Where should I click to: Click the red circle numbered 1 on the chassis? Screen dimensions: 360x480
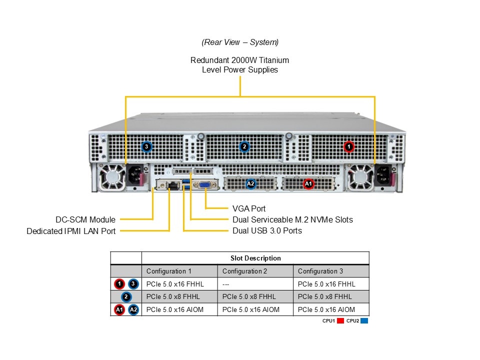point(349,146)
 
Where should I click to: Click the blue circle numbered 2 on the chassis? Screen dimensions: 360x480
point(244,146)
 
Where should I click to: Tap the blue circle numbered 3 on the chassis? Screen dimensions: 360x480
point(146,146)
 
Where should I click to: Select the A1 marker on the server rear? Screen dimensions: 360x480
point(308,184)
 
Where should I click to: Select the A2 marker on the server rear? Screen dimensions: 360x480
point(251,184)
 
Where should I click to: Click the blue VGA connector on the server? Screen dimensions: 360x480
point(205,184)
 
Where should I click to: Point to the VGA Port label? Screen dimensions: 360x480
point(249,208)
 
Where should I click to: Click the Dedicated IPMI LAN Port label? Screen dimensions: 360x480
point(71,231)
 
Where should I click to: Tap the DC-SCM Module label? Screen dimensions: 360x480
point(85,219)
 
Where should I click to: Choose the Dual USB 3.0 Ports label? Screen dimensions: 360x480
point(267,230)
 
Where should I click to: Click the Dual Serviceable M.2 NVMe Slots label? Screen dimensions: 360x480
point(292,219)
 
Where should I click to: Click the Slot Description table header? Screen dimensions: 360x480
point(255,258)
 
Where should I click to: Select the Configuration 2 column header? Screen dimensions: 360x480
point(245,271)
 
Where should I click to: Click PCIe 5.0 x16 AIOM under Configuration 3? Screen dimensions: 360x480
point(326,310)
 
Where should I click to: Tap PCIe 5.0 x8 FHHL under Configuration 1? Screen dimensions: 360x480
point(170,297)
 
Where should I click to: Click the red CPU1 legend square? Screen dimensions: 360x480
point(340,321)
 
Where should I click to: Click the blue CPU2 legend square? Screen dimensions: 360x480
point(364,321)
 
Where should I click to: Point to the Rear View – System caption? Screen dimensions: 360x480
point(240,42)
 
